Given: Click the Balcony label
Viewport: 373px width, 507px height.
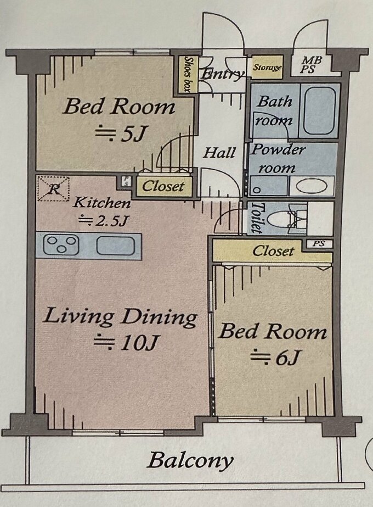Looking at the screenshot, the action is coord(190,460).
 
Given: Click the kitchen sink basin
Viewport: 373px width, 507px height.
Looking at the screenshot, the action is coord(115,246).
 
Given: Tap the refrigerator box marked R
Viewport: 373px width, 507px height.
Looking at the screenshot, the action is coord(53,188).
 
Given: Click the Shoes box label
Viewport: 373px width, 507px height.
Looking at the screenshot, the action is coord(187,74).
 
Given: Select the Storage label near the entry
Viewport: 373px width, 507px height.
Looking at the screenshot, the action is coord(267,68).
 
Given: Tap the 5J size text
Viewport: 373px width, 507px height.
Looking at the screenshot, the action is coord(119,134).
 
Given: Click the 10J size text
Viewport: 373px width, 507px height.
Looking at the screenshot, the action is coord(126,343).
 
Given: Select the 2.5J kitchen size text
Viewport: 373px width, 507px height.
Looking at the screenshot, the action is coord(104,221).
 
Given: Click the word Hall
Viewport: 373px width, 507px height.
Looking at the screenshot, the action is coord(219,152).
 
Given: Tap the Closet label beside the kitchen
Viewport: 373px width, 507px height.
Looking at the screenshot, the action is coord(163,186).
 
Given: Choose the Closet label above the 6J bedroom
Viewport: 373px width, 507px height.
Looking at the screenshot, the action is coord(273,251).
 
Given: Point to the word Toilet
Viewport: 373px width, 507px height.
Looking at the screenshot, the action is coord(256,218).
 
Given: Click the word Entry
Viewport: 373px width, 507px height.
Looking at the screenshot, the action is coord(222,74).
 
